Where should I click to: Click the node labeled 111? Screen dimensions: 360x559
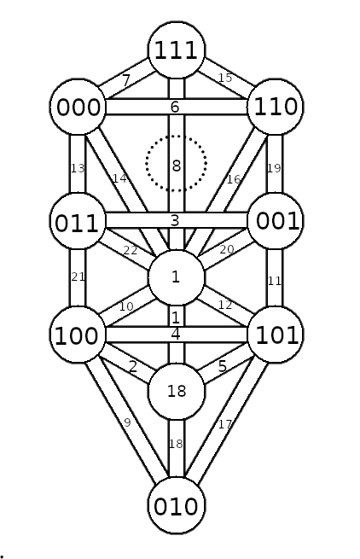(x=177, y=49)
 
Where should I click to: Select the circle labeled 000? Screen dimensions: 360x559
(x=78, y=107)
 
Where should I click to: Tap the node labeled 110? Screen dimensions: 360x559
(x=276, y=107)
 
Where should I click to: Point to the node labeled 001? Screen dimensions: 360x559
(x=276, y=221)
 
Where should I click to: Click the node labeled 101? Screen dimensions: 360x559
(x=276, y=335)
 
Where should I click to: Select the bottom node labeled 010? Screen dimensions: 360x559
(x=177, y=506)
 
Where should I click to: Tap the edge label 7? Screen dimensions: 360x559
(x=125, y=80)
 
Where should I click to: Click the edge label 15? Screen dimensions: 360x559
(x=225, y=78)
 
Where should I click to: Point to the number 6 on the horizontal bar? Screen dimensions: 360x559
(x=175, y=107)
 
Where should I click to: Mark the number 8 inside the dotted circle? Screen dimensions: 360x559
(x=177, y=166)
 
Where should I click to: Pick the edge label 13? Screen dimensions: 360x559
(x=78, y=168)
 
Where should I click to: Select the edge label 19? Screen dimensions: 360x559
(x=274, y=168)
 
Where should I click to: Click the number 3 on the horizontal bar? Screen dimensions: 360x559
(x=175, y=221)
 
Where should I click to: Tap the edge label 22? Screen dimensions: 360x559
(x=131, y=251)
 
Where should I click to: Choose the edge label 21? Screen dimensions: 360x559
(x=78, y=277)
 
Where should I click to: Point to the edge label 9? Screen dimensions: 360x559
(x=127, y=422)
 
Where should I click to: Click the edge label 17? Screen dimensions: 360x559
(x=224, y=424)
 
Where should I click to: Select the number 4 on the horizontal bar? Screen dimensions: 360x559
(x=176, y=335)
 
